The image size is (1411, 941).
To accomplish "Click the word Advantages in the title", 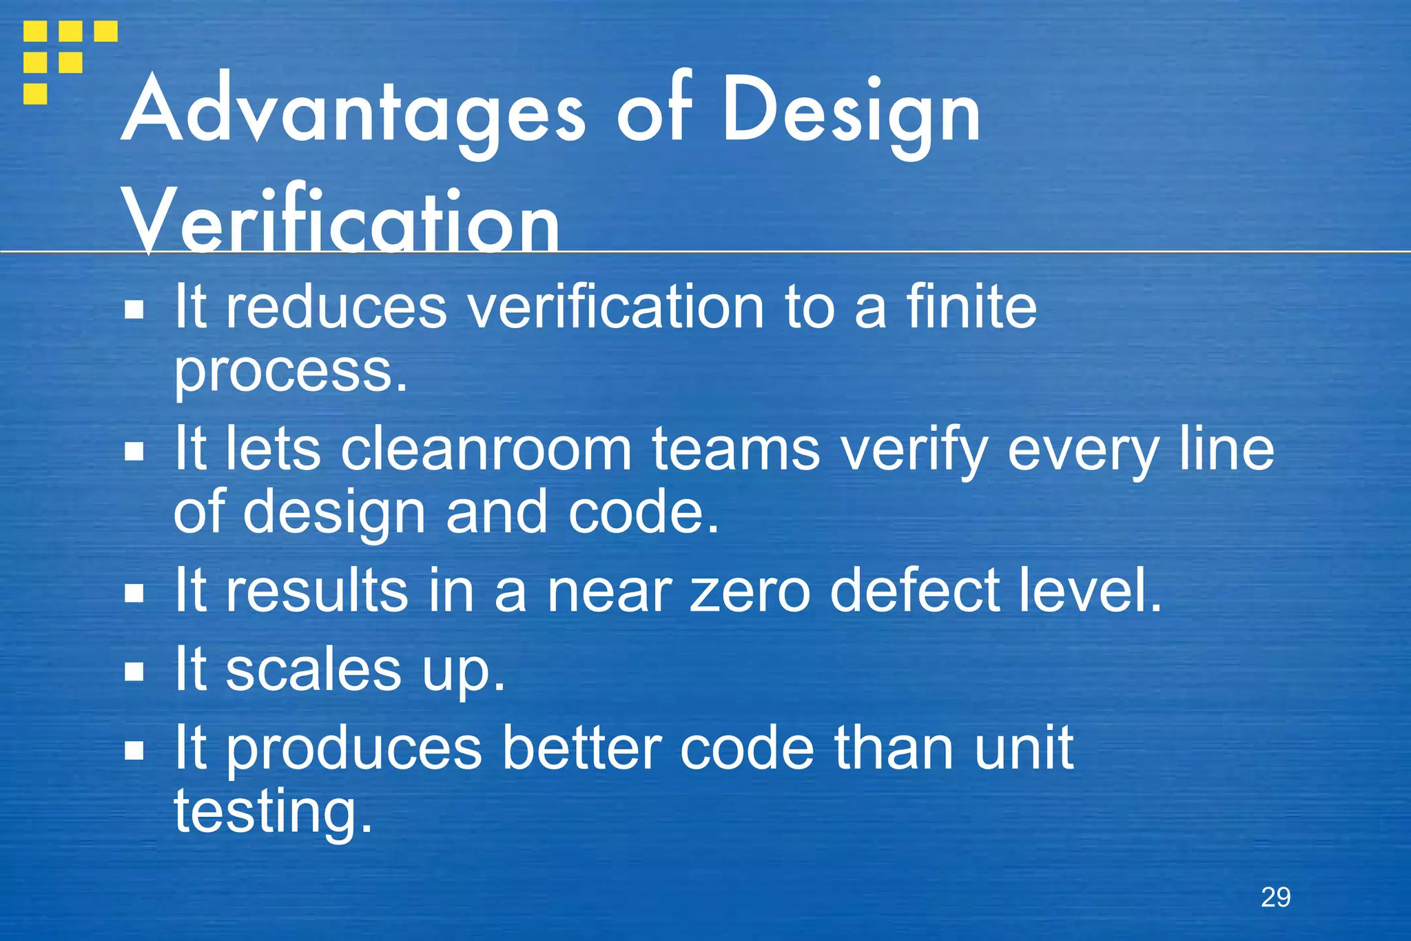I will pyautogui.click(x=353, y=110).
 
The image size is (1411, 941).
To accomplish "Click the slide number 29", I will pyautogui.click(x=1275, y=897).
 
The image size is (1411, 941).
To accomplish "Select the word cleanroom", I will pyautogui.click(x=486, y=449).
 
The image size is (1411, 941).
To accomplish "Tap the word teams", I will pyautogui.click(x=736, y=449).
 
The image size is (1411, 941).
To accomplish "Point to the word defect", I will pyautogui.click(x=915, y=590).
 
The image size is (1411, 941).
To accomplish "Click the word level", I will pyautogui.click(x=1090, y=590).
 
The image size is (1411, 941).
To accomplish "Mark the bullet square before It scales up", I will pyautogui.click(x=134, y=671).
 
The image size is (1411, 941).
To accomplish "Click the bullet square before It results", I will pyautogui.click(x=134, y=593).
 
